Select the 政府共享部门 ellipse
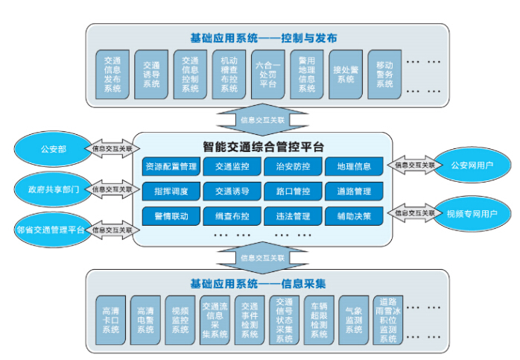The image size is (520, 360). point(49,189)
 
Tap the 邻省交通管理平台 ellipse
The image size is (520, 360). point(50,228)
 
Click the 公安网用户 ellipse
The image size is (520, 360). point(472,165)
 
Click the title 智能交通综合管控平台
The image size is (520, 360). point(263,146)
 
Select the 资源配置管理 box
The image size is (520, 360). point(171,166)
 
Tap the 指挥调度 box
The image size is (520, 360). point(171,191)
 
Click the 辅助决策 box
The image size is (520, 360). point(353,216)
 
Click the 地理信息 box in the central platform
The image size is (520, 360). point(353,166)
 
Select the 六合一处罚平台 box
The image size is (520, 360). point(267,73)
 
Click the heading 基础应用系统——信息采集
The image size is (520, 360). point(263,284)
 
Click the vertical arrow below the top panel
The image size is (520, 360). point(262,119)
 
